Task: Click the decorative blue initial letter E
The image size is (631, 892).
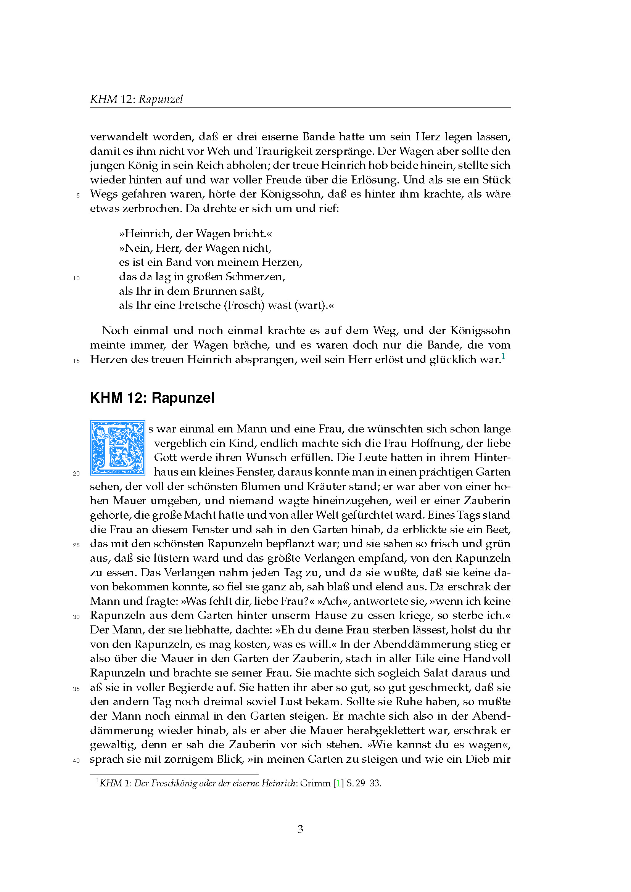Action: (118, 448)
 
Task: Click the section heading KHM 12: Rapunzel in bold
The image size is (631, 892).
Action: (152, 398)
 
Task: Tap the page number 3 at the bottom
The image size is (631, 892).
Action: (300, 829)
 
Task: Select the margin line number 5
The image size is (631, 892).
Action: (78, 195)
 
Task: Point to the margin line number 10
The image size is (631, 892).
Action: (76, 278)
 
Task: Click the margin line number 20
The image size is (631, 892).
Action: (76, 473)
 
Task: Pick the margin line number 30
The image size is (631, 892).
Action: (76, 617)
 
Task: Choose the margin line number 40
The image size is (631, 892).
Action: (76, 760)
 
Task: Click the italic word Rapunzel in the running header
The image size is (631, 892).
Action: (161, 100)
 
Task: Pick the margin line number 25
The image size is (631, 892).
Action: (76, 545)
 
